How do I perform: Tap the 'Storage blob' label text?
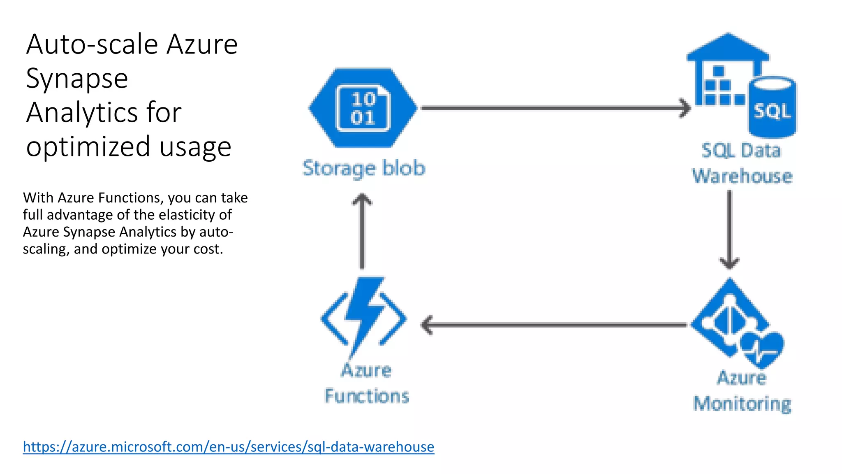tap(364, 168)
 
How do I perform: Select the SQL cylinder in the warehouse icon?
tap(772, 108)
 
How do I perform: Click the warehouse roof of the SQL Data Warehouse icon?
tap(728, 47)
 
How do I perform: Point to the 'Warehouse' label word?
tap(742, 176)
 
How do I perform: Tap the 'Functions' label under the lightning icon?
tap(367, 396)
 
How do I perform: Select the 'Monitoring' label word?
tap(742, 404)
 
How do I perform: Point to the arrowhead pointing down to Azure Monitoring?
tap(729, 263)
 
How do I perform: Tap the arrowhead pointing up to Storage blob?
tap(362, 200)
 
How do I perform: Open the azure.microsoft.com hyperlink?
tap(228, 447)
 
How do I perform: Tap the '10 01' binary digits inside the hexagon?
tap(363, 108)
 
